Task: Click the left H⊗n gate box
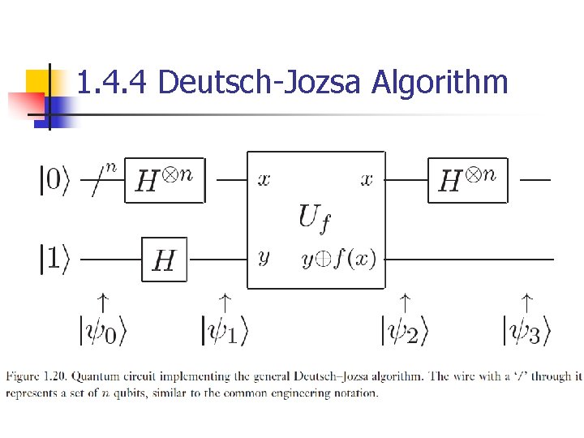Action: [165, 180]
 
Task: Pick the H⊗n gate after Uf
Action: [467, 180]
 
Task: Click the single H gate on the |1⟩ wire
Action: [164, 260]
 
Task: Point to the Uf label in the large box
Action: [315, 217]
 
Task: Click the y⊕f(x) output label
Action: [338, 258]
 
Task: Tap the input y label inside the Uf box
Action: [264, 258]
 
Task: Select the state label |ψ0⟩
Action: [103, 331]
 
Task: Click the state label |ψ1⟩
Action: [225, 331]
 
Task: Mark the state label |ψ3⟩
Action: [526, 331]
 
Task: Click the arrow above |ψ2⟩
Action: [405, 303]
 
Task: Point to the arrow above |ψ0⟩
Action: [103, 303]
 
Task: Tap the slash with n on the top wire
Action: [101, 179]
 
